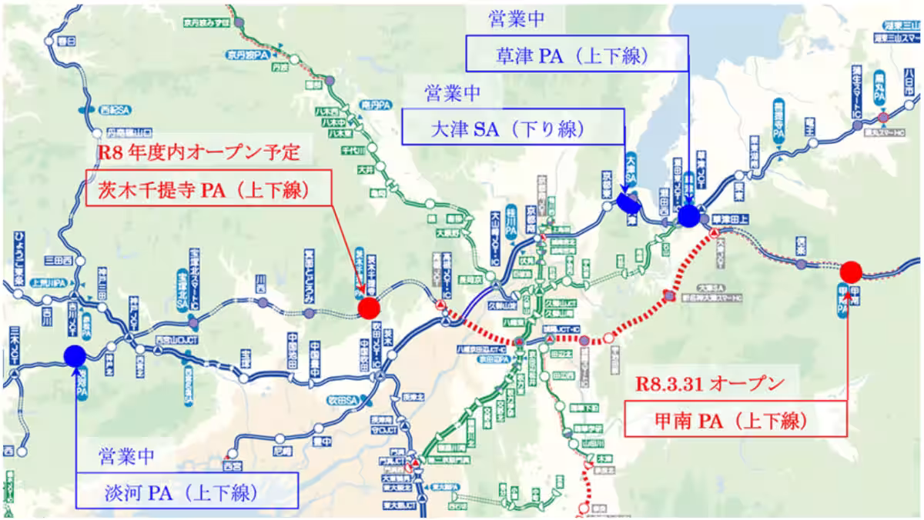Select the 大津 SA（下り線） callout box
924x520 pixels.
coord(513,127)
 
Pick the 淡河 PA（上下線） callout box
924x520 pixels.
coord(186,491)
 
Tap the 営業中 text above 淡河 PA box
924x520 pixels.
coord(127,455)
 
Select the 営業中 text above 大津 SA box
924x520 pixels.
coord(452,92)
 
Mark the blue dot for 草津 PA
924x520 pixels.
coord(688,216)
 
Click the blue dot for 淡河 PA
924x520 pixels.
coord(75,355)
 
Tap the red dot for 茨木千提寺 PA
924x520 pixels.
coord(369,308)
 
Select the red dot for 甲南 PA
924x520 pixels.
coord(851,272)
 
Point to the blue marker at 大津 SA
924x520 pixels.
coord(628,202)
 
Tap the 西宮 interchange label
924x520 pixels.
coord(231,465)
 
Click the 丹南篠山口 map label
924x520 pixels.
coord(129,130)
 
